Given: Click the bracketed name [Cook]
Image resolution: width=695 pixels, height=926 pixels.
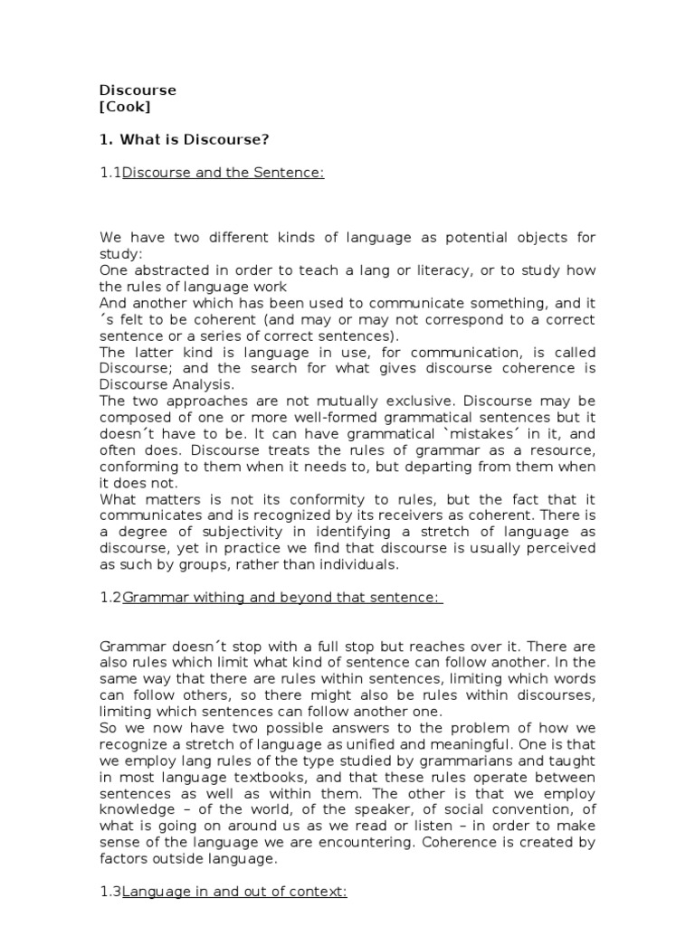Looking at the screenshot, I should pos(125,107).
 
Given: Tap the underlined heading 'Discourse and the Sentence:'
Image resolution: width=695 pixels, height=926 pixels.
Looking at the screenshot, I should pos(223,173).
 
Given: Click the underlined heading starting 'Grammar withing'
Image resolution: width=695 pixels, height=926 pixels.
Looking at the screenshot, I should pos(282,598).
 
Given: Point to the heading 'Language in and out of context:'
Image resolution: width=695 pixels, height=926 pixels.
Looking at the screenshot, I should pos(234,893).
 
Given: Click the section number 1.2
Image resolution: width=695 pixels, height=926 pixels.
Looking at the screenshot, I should pos(110,598).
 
